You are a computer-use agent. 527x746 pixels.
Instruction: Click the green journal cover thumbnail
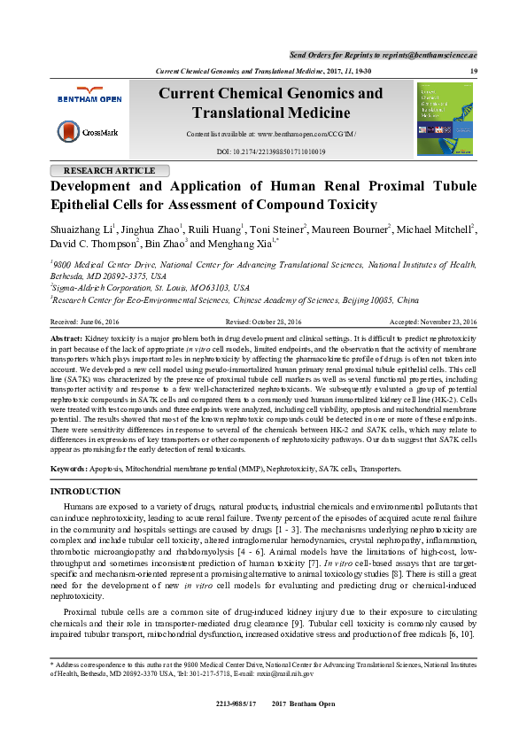(445, 119)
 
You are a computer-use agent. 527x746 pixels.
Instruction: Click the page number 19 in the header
(474, 71)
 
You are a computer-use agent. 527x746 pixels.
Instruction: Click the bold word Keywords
(69, 468)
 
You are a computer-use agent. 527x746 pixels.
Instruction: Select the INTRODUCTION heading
(86, 491)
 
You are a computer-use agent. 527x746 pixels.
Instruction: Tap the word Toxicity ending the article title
(345, 205)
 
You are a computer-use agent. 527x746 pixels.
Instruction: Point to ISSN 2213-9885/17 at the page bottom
(236, 703)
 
